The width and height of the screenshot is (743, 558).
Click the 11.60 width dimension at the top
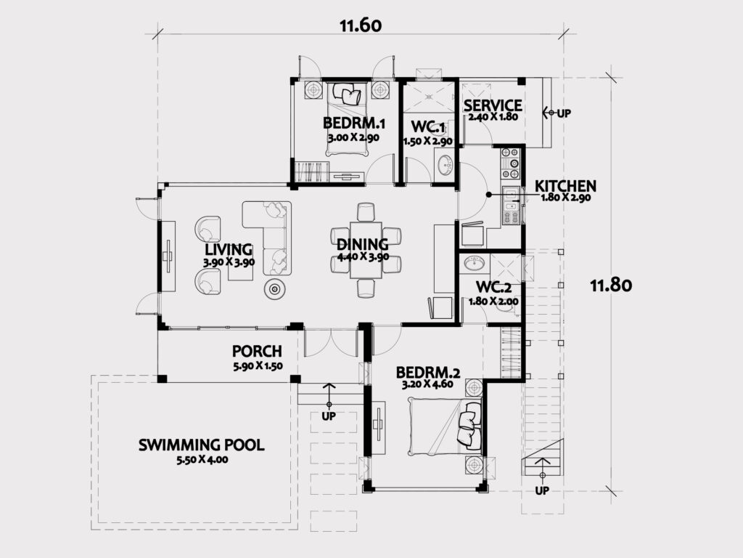click(x=360, y=25)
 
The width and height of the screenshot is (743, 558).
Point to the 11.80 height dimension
click(x=611, y=285)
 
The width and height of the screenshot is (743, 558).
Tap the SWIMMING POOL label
click(x=202, y=445)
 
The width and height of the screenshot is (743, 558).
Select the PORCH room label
click(x=257, y=352)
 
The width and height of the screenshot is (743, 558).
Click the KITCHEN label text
click(x=565, y=186)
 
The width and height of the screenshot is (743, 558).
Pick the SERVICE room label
click(x=493, y=105)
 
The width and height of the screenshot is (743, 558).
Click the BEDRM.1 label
click(x=353, y=124)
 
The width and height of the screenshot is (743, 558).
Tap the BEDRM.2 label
click(x=428, y=373)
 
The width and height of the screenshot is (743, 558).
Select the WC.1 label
click(x=427, y=127)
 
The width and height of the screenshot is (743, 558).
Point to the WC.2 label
click(x=493, y=287)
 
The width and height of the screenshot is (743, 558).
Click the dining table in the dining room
click(x=366, y=250)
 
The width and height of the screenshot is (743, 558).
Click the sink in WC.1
click(x=445, y=165)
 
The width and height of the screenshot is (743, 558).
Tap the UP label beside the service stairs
click(x=563, y=113)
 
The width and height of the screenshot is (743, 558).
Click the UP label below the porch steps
click(x=329, y=416)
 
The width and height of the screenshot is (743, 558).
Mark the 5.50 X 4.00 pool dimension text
click(x=202, y=459)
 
